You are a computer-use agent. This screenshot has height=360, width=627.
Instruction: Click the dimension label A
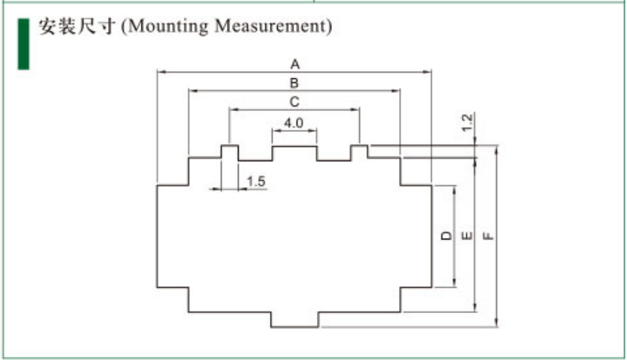295,63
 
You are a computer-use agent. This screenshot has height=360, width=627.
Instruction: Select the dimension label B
295,82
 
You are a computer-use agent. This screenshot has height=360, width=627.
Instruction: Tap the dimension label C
294,102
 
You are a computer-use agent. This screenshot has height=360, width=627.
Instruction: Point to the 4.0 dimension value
294,123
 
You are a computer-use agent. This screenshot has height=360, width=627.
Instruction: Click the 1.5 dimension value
256,182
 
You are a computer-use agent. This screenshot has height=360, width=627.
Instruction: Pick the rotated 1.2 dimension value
467,122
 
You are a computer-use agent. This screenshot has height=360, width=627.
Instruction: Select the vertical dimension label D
445,236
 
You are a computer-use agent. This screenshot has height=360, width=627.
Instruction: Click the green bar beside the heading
23,42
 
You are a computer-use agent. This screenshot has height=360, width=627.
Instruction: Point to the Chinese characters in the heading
77,27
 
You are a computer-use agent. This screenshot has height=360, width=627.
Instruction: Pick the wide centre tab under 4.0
294,153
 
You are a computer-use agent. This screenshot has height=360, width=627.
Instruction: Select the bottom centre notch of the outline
295,320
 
